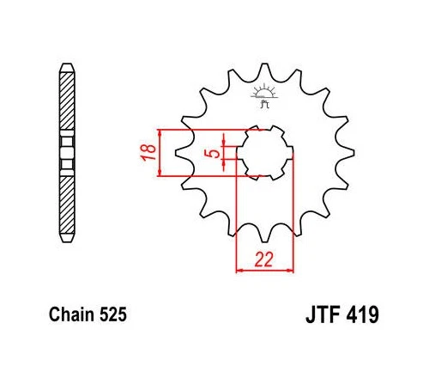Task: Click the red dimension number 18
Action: click(x=148, y=152)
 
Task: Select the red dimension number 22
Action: click(x=263, y=259)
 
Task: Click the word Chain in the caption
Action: click(x=72, y=314)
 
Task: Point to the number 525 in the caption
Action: click(x=113, y=314)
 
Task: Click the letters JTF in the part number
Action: click(x=323, y=314)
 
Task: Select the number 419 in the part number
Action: click(x=363, y=314)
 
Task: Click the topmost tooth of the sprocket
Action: click(x=264, y=70)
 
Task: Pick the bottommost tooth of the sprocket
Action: click(x=264, y=235)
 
